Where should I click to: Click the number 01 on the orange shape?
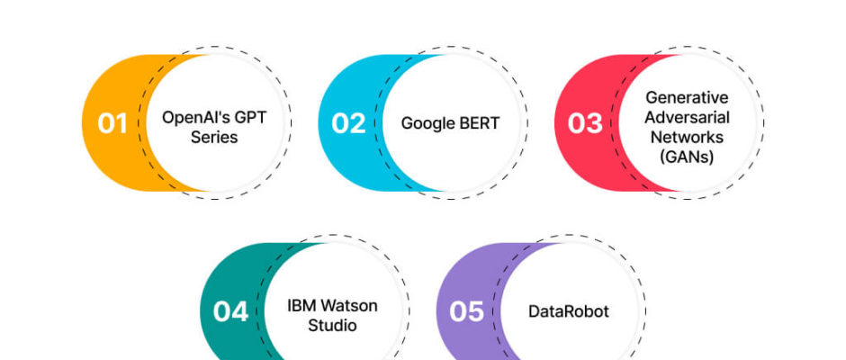(x=112, y=123)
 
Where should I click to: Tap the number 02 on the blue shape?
(x=348, y=123)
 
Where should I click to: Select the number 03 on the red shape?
(x=585, y=123)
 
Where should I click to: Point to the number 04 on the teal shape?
(x=230, y=311)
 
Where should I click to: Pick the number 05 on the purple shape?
(x=467, y=311)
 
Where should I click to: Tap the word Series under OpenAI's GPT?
(x=214, y=137)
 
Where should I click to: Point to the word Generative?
(x=687, y=98)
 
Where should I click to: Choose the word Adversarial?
(x=687, y=117)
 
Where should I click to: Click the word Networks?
(x=687, y=137)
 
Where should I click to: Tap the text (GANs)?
(x=687, y=157)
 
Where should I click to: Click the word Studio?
(x=332, y=326)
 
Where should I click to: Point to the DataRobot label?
(x=569, y=311)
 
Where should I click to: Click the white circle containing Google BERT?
(x=451, y=123)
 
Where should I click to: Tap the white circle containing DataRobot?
(x=569, y=311)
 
